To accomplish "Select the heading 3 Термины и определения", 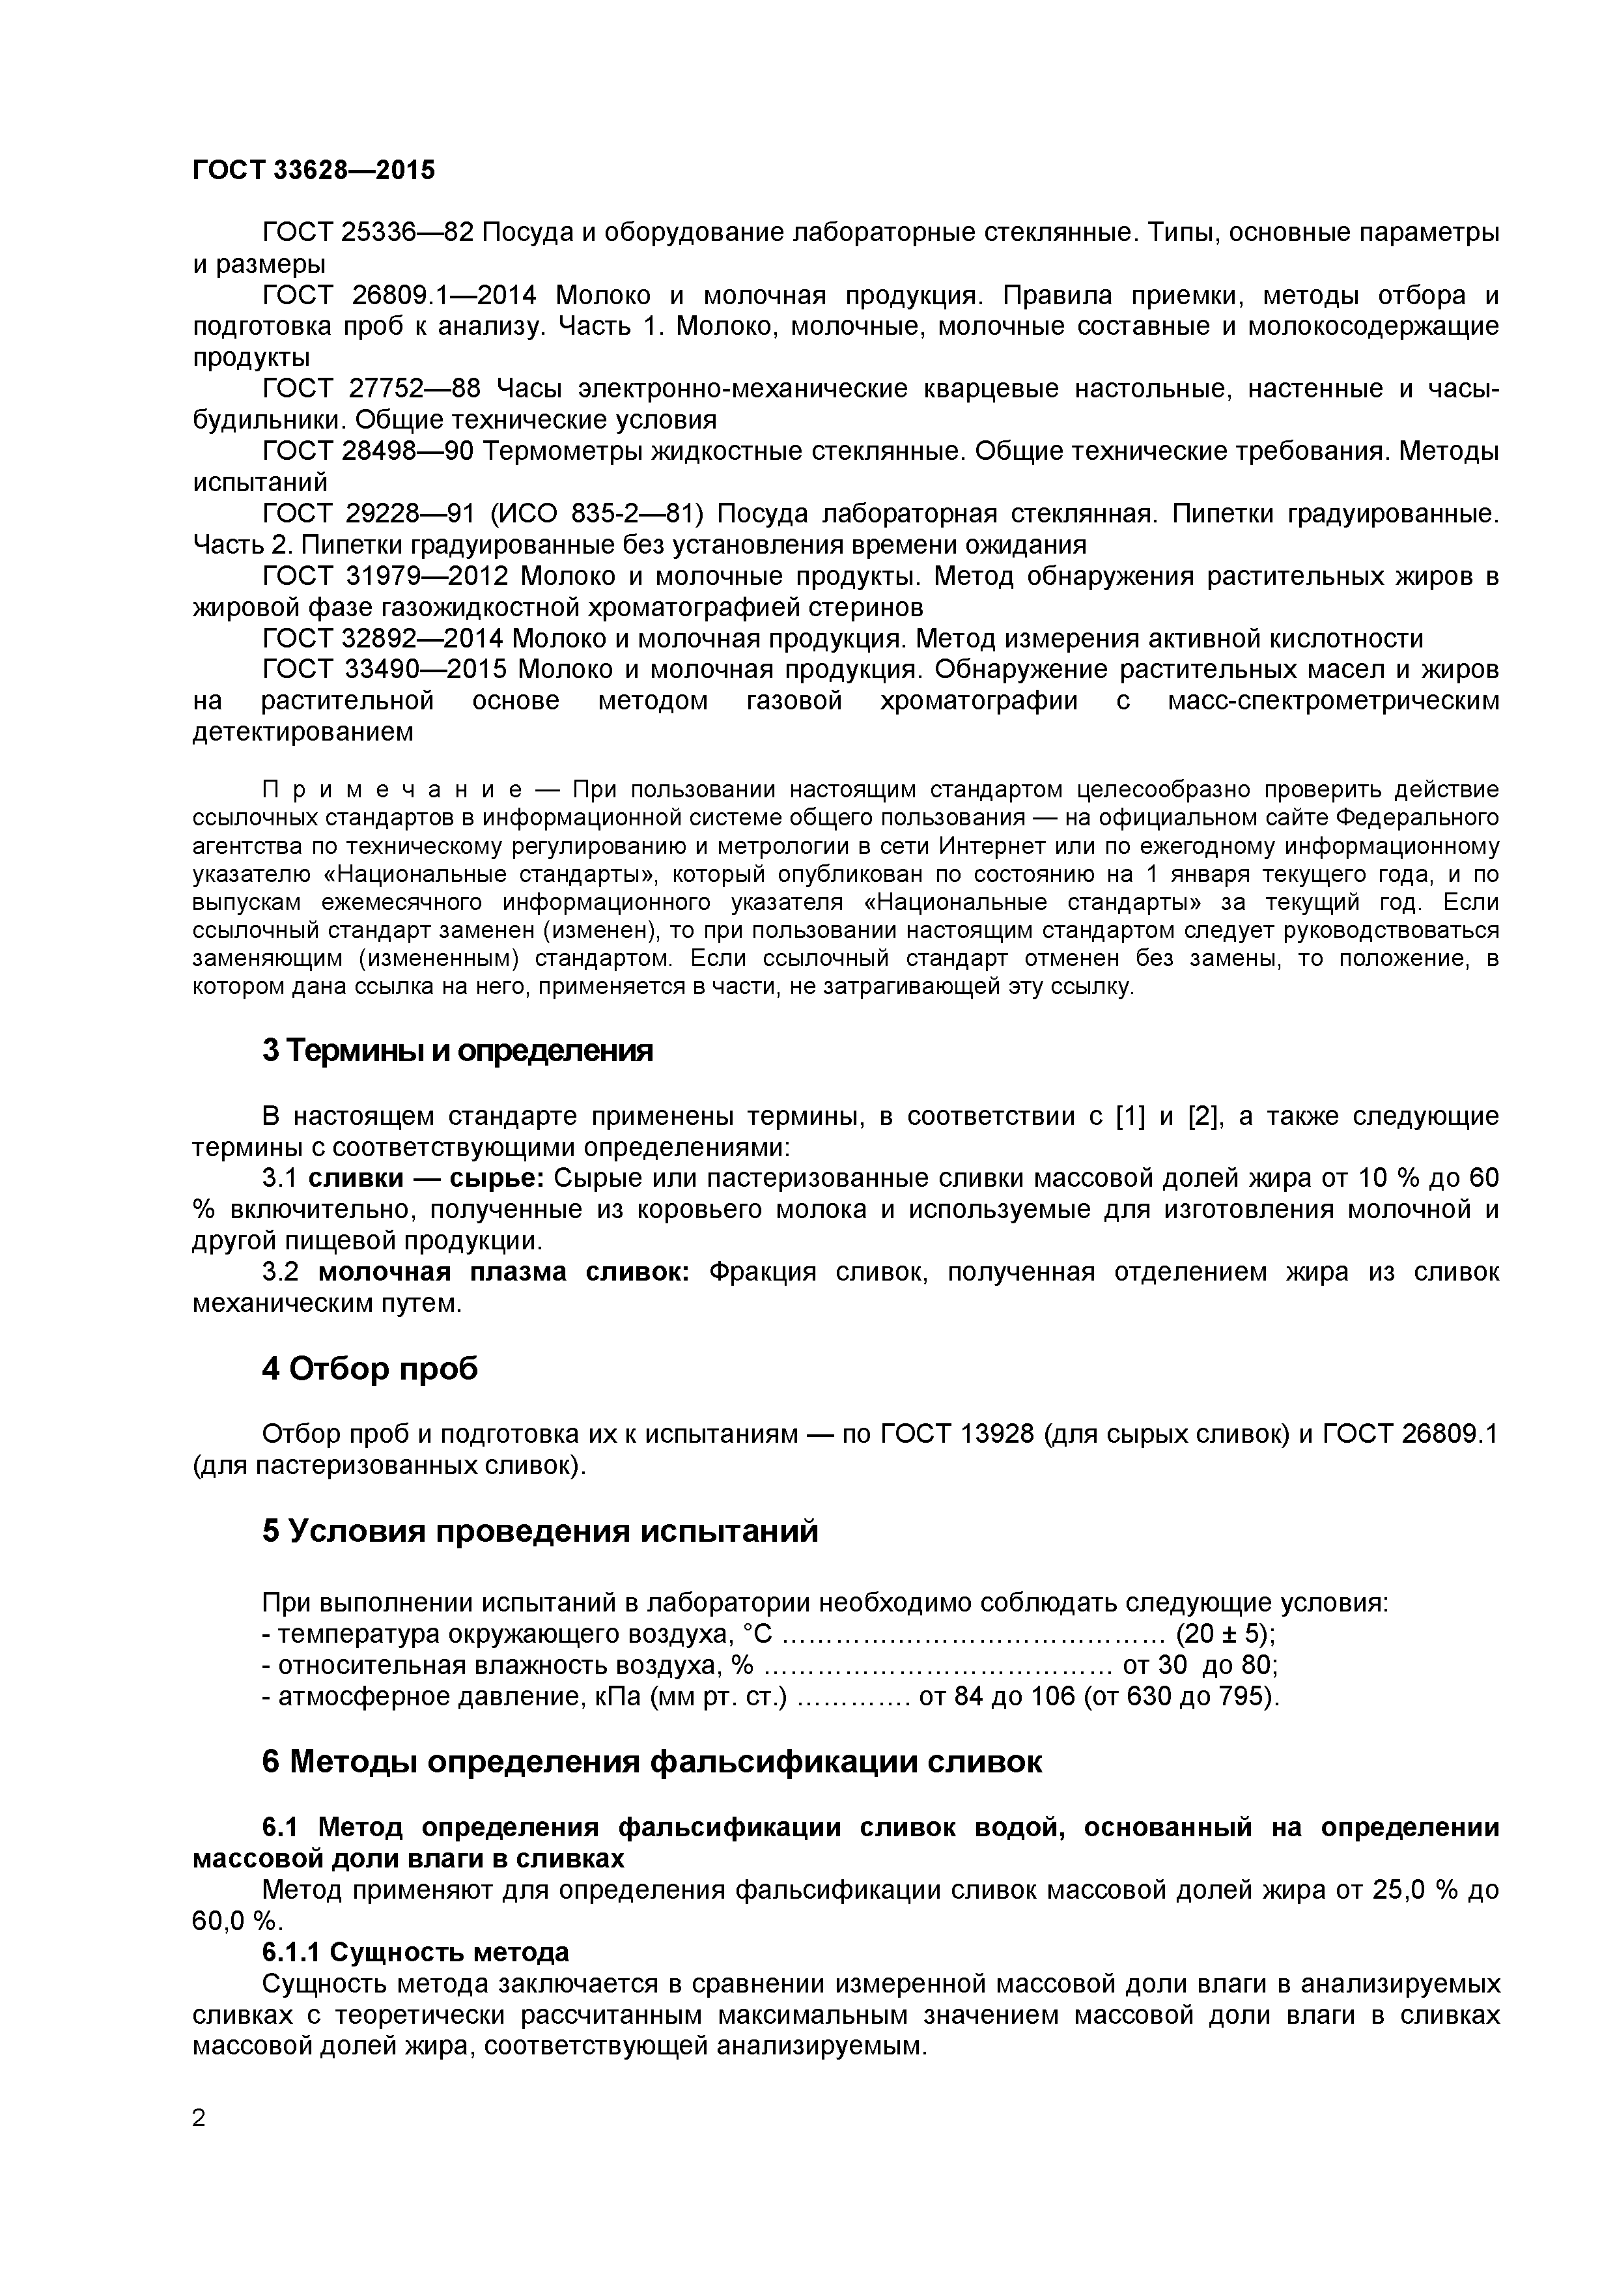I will [x=456, y=1050].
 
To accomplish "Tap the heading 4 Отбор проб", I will [x=369, y=1369].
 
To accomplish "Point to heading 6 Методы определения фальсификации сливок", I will [x=652, y=1761].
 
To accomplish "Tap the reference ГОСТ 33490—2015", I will [x=383, y=670].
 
